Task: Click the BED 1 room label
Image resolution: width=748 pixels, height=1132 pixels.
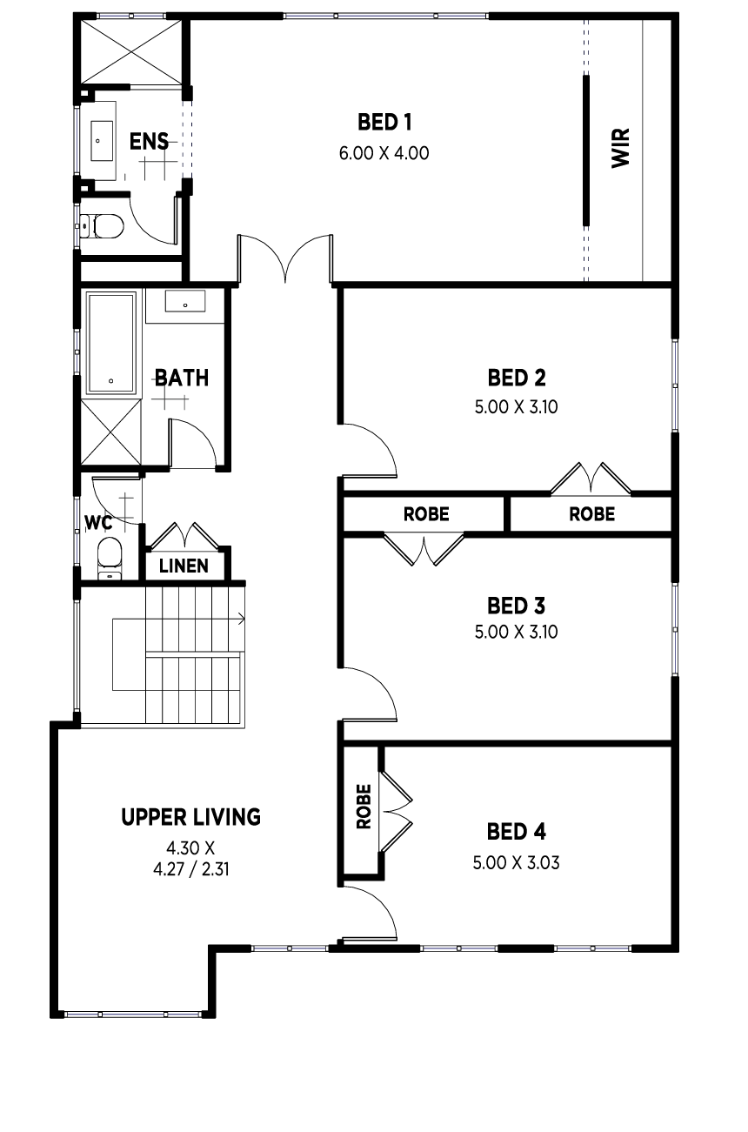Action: pos(384,123)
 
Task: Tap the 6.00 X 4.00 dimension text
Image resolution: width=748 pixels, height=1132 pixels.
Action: pos(384,153)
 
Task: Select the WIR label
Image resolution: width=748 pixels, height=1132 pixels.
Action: pos(621,148)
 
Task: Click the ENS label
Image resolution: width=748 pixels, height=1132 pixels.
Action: pos(149,142)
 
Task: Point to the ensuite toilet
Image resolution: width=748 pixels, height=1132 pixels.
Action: pos(103,226)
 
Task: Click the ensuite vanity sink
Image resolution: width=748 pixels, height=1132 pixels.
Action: pos(102,140)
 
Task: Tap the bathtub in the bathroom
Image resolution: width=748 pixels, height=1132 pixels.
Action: pos(111,343)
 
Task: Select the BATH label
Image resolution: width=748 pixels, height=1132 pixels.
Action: pos(181,378)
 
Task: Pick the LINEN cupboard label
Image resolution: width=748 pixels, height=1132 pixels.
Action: pos(184,566)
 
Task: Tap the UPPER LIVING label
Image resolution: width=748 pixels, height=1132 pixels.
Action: pos(191,817)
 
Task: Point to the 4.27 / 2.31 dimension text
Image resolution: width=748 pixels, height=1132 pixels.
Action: pos(191,869)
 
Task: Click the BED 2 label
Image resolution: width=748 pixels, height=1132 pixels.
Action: pos(516,378)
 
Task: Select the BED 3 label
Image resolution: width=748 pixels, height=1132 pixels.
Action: pos(516,606)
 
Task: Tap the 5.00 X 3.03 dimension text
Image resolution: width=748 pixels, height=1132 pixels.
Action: pos(516,862)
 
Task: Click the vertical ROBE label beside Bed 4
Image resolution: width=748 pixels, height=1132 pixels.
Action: pos(364,806)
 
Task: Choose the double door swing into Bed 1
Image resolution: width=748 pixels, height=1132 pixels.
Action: pos(285,258)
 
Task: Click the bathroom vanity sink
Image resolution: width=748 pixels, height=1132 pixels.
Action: pos(185,301)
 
